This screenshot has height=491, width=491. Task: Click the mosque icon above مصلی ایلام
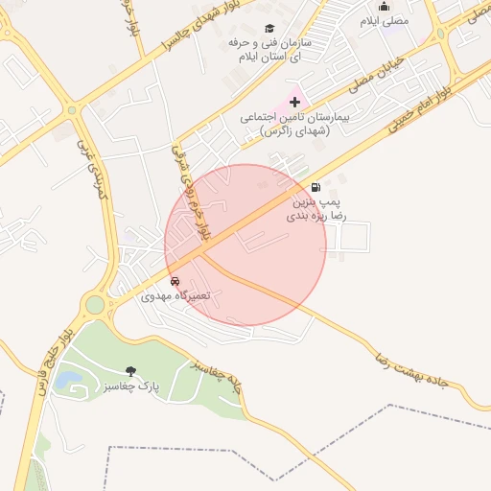385,7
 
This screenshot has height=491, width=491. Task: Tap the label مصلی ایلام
385,20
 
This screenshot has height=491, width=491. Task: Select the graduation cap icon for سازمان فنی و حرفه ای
269,28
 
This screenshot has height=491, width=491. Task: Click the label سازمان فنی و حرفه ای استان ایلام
268,50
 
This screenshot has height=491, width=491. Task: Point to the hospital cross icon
294,102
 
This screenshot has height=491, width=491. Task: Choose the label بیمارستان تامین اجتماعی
285,123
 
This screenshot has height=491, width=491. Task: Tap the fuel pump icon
316,187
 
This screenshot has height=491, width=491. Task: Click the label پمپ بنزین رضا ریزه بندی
316,210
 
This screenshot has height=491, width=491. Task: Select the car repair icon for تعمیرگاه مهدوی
175,281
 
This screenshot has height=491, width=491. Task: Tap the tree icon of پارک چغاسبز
130,371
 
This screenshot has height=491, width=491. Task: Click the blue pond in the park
67,380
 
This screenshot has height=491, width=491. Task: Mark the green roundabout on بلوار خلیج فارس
95,306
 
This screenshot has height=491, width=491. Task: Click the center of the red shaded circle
245,245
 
